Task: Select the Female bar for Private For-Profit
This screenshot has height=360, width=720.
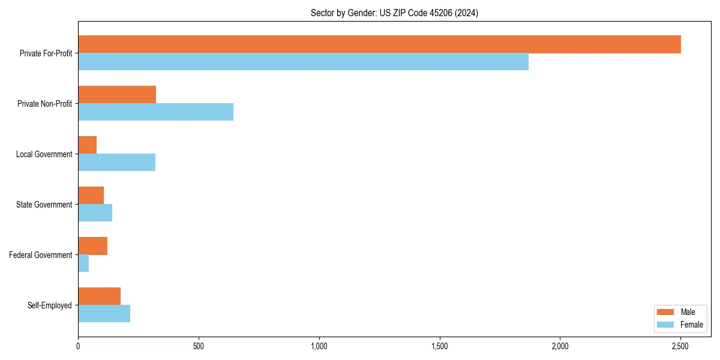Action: pyautogui.click(x=303, y=62)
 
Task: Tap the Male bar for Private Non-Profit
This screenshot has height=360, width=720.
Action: pyautogui.click(x=117, y=95)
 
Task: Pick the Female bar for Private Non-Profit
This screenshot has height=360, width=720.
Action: pyautogui.click(x=155, y=112)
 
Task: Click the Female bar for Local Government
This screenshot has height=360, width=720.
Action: pyautogui.click(x=116, y=163)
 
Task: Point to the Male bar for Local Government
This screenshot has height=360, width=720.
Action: pyautogui.click(x=87, y=145)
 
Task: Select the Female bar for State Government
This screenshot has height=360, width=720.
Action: pyautogui.click(x=95, y=213)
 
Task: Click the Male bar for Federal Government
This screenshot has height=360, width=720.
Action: pyautogui.click(x=92, y=246)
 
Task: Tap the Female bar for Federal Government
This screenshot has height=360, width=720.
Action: pyautogui.click(x=83, y=263)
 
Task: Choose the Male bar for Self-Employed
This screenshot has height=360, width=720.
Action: pyautogui.click(x=99, y=296)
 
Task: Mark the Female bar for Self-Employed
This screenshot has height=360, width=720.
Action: pyautogui.click(x=104, y=314)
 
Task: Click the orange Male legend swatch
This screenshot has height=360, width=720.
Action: pyautogui.click(x=666, y=312)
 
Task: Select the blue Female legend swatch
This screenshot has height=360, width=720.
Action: pyautogui.click(x=666, y=325)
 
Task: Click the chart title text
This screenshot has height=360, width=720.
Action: pyautogui.click(x=394, y=13)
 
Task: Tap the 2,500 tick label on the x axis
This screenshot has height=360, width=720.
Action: pyautogui.click(x=680, y=346)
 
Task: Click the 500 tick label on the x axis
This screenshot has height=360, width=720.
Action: pyautogui.click(x=199, y=346)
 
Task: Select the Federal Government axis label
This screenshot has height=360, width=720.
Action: pyautogui.click(x=41, y=255)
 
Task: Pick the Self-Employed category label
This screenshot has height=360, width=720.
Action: pyautogui.click(x=50, y=305)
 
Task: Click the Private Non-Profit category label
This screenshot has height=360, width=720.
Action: pyautogui.click(x=44, y=104)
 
